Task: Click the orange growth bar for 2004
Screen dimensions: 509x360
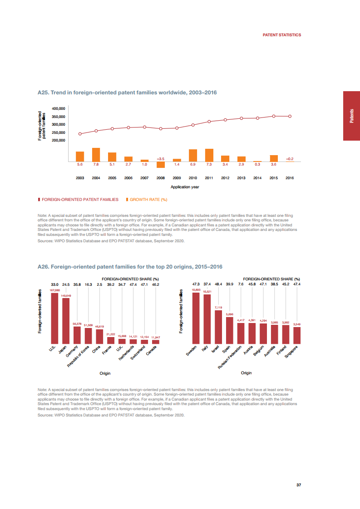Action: pos(96,155)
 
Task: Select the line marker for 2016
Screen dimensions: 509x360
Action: pos(290,116)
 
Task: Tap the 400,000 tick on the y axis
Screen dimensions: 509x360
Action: pos(59,109)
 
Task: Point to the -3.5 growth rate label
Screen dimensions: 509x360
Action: pos(160,159)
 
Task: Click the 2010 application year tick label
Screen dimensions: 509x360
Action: pos(193,178)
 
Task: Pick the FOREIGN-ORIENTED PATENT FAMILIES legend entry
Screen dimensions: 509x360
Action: pos(79,199)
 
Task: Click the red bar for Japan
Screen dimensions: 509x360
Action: pos(66,320)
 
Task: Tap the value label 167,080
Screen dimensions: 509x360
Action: pos(54,290)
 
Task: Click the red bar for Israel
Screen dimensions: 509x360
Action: pos(218,327)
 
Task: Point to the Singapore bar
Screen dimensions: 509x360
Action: pos(297,335)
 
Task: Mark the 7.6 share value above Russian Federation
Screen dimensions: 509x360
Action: pos(241,284)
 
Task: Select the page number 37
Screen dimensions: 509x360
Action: pos(299,485)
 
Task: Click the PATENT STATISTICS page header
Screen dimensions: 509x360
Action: pos(282,35)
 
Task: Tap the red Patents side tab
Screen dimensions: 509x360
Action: pos(351,116)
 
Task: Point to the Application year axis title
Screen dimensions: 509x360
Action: pos(185,187)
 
